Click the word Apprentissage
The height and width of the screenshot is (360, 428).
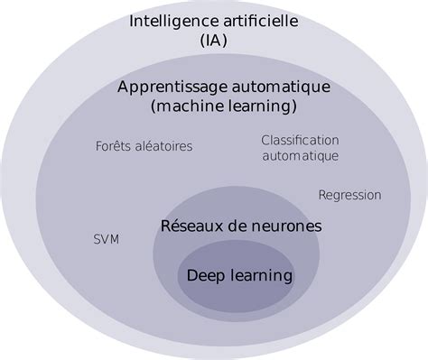(x=172, y=88)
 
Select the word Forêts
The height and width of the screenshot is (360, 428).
(x=112, y=146)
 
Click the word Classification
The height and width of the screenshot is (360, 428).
(x=300, y=140)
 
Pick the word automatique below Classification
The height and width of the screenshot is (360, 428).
(x=300, y=155)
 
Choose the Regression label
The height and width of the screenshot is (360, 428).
(x=349, y=195)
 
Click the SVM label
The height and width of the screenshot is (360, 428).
(x=107, y=239)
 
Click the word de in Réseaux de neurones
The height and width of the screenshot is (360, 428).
(x=230, y=226)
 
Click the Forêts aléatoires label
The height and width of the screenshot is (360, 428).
(x=144, y=146)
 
